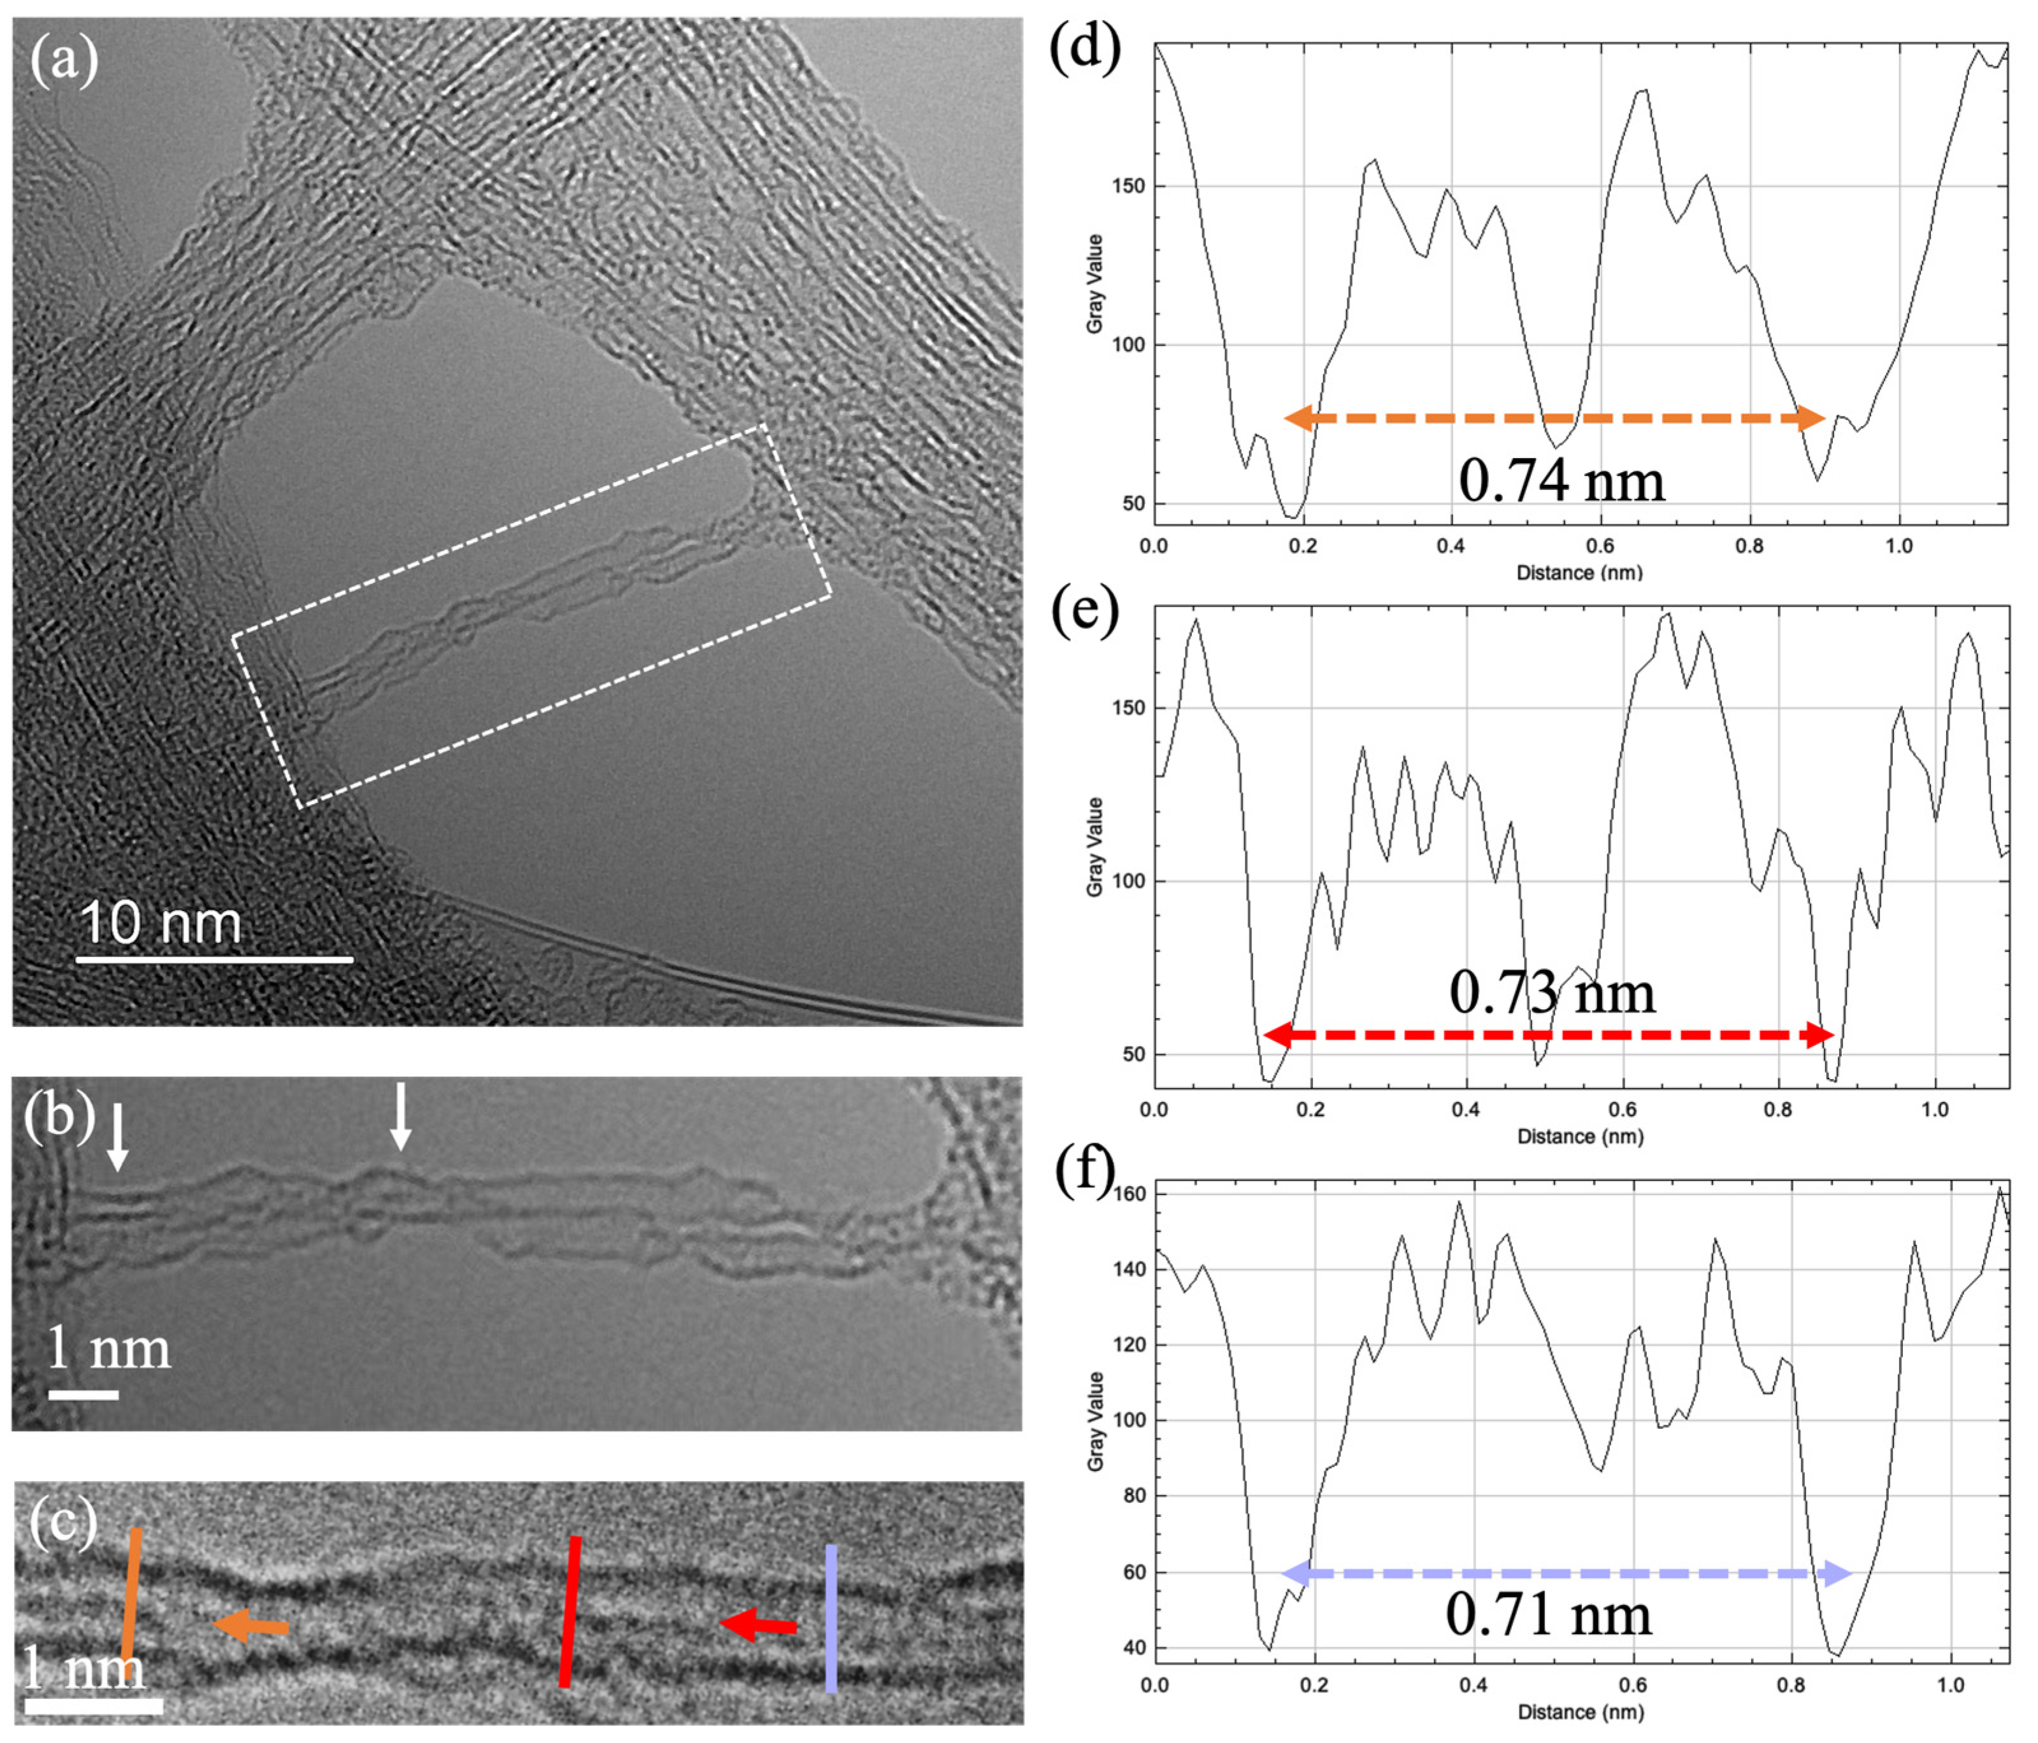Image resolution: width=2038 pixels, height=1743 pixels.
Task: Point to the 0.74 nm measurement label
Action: tap(1561, 481)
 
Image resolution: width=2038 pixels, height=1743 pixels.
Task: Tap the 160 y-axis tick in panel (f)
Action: tap(1129, 1194)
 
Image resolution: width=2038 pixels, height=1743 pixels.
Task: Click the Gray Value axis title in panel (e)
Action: tap(1094, 846)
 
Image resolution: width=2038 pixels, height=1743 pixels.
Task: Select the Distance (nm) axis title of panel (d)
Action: tap(1580, 573)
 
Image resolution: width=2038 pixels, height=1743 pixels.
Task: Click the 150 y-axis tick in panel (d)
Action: tap(1128, 186)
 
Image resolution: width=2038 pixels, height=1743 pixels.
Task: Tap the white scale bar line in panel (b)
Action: tap(83, 1394)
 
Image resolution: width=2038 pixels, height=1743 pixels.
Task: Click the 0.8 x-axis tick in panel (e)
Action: tap(1777, 1110)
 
